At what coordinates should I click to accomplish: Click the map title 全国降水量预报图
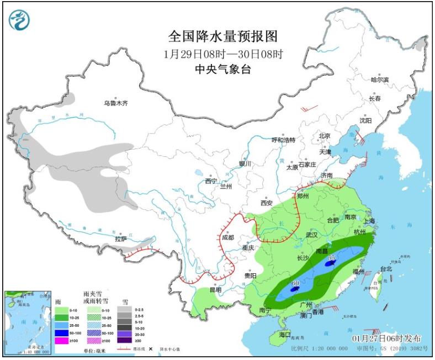point(222,36)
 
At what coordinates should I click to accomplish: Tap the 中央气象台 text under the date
point(222,69)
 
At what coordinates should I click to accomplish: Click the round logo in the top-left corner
point(20,20)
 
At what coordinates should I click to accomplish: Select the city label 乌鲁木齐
point(116,103)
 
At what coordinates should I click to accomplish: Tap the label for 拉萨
point(120,239)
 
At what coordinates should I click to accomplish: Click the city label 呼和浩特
point(284,140)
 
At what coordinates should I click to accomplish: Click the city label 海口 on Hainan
point(285,335)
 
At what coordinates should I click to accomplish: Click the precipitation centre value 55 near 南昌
point(332,257)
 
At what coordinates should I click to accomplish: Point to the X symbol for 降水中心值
point(150,349)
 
